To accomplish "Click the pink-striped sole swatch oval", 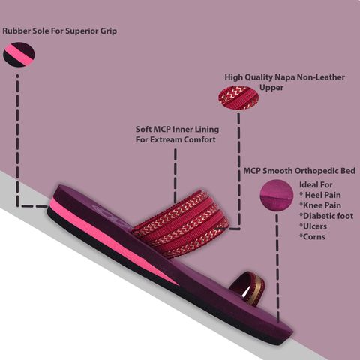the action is point(19,55).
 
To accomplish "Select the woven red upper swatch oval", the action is point(238,98).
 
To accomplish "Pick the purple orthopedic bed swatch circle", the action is point(277,195).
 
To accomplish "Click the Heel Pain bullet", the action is point(320,195).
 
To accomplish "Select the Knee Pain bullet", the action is point(320,205).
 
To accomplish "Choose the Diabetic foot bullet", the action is point(326,216).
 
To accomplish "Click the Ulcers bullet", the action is point(313,226).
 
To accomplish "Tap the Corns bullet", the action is point(312,237).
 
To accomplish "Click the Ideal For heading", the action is point(316,185).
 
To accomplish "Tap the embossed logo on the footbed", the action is point(111,213).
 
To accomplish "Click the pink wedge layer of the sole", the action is point(107,238).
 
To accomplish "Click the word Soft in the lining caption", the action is point(143,130).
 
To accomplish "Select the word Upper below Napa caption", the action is point(271,88).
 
